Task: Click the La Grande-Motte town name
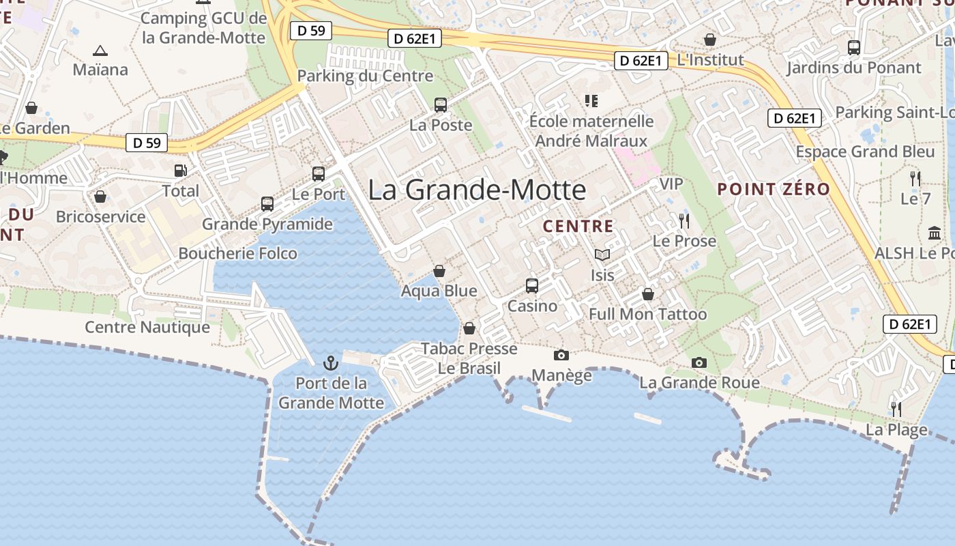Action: point(477,190)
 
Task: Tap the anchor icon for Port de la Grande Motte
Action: point(331,362)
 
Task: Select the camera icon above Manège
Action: point(561,355)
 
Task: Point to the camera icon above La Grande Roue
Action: point(699,362)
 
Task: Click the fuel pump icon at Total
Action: point(180,171)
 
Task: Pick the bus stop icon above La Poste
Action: point(441,105)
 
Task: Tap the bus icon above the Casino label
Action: point(532,285)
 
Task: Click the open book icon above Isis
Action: point(602,255)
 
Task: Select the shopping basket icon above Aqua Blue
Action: point(439,271)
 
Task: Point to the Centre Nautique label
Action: point(147,327)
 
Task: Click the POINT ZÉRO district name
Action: point(774,189)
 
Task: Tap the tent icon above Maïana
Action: point(100,50)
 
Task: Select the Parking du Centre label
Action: point(366,76)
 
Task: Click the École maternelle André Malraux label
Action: point(591,131)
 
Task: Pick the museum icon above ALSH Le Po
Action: point(935,233)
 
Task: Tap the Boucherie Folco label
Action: point(237,253)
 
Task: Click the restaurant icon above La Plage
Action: point(896,409)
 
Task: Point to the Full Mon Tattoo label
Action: point(647,314)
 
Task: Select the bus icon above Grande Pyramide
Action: point(267,203)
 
